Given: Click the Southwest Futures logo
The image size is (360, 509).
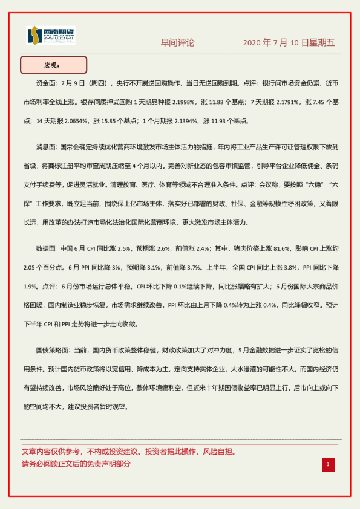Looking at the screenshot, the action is pyautogui.click(x=51, y=36).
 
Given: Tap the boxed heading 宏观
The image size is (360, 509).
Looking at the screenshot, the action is pyautogui.click(x=53, y=65).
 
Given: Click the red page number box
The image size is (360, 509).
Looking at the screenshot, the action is pyautogui.click(x=328, y=464).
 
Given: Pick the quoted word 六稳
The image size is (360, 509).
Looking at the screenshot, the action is pyautogui.click(x=298, y=185).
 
